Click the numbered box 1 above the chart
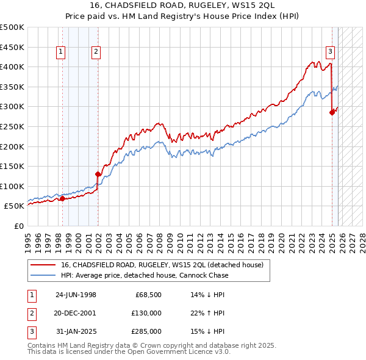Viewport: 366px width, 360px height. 62,52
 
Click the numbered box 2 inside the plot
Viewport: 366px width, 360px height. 96,52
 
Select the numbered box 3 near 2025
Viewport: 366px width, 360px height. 330,52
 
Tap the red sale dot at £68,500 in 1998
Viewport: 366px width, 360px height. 62,198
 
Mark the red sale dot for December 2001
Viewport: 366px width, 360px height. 98,174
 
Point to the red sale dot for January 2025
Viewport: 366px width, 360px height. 332,112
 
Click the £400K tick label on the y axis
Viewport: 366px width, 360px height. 12,67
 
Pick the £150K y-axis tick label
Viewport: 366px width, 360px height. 12,166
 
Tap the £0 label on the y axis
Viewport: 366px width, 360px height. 18,226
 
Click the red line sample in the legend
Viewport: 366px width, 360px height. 43,265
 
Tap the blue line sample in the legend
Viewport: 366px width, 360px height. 43,275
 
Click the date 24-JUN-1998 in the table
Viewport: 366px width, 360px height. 76,295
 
